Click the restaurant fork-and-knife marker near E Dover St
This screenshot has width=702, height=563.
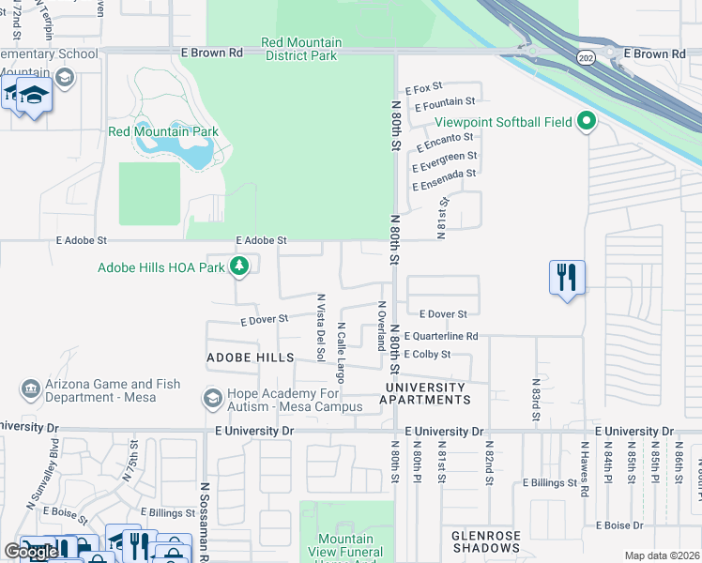[x=567, y=278]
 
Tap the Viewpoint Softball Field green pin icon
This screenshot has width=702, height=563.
[x=588, y=121]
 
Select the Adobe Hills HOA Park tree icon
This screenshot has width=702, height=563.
[x=240, y=267]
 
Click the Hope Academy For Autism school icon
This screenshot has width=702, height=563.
[x=213, y=400]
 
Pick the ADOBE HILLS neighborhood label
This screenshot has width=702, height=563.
[x=250, y=358]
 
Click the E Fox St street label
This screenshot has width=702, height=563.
[x=423, y=88]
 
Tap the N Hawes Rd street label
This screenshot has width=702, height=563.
[x=585, y=469]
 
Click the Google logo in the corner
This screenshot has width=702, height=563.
[x=31, y=552]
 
